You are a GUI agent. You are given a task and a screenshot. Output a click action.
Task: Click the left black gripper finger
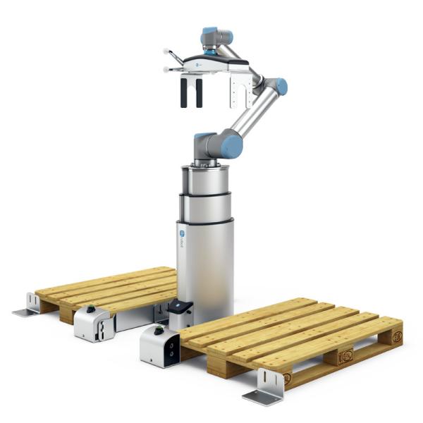tap(184, 92)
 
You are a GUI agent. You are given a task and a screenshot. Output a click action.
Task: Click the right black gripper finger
tap(199, 92)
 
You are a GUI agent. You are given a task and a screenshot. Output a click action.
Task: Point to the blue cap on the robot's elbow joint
tap(281, 87)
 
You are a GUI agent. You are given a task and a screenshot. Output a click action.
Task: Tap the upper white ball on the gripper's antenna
tap(166, 52)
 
